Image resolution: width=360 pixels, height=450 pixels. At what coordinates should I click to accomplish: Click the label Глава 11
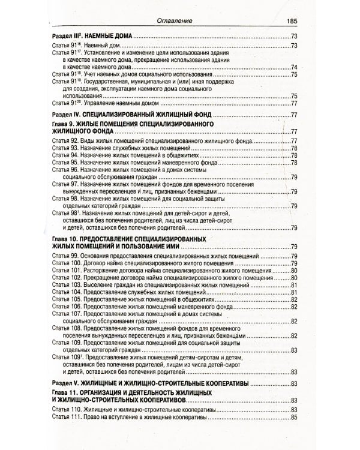click(x=65, y=392)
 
